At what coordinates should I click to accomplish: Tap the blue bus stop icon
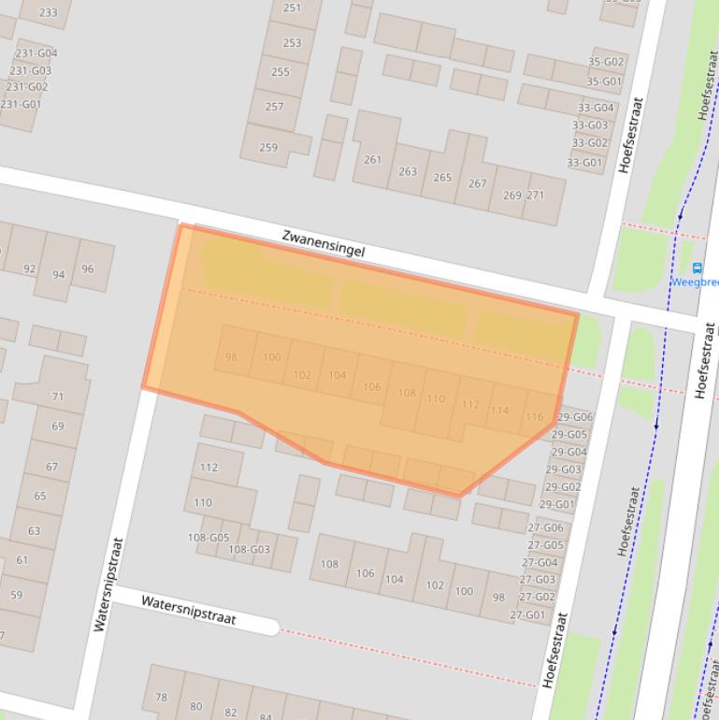pos(697,268)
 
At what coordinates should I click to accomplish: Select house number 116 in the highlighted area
pos(534,417)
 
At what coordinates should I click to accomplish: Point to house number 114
pos(499,410)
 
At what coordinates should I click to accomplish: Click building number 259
pos(268,147)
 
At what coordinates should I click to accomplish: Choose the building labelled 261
pos(373,159)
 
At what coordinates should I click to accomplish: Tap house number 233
pos(47,12)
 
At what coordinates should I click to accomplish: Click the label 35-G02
pos(605,63)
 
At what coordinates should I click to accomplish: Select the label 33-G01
pos(585,163)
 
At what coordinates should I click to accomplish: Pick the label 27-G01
pos(527,615)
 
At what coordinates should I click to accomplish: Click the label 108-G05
pos(208,538)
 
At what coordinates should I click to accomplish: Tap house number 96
pos(88,268)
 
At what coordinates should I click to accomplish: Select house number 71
pos(58,396)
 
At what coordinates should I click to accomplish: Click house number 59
pos(17,595)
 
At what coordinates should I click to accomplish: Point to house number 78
pos(161,697)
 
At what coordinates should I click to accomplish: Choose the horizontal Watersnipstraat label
pos(189,610)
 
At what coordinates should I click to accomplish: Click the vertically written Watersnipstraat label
pos(108,583)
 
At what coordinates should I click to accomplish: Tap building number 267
pos(477,183)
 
